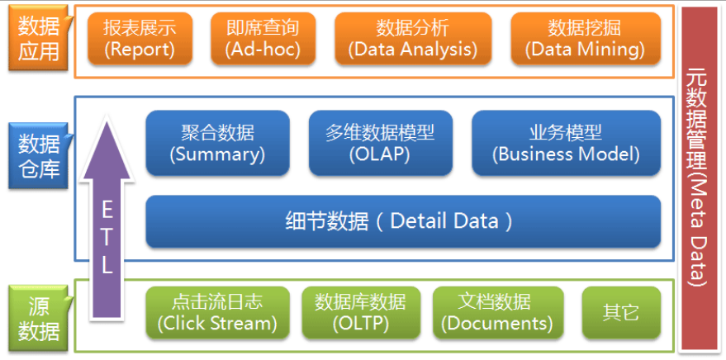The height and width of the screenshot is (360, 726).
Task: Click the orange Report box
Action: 140,39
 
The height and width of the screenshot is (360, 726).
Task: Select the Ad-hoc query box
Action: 262,39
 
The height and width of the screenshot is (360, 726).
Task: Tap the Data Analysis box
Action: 412,39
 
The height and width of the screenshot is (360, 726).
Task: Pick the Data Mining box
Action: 586,39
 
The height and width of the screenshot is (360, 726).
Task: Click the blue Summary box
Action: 217,143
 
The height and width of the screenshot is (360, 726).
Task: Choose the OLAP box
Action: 380,143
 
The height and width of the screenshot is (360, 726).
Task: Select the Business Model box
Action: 566,143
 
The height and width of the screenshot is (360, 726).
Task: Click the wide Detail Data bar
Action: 403,221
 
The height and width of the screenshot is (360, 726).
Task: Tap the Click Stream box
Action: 217,312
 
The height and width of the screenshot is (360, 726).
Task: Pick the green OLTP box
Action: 360,312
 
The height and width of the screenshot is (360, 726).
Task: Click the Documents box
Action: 498,312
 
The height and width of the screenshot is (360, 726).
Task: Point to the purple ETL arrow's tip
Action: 107,120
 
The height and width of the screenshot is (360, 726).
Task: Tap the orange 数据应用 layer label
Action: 39,39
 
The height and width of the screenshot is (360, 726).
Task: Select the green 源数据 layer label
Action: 39,319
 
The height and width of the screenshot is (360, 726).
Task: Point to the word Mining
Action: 612,50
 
